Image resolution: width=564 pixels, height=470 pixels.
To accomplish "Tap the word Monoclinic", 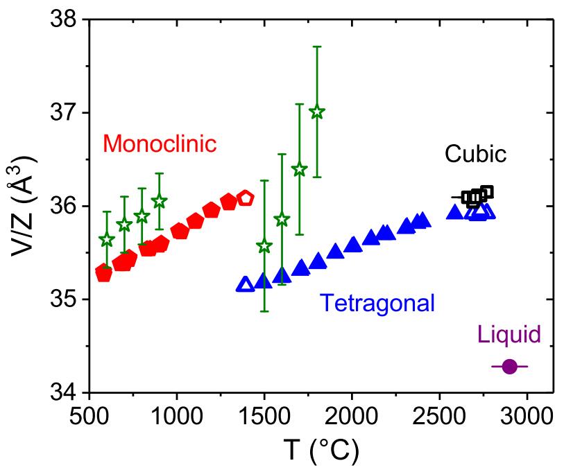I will [160, 144].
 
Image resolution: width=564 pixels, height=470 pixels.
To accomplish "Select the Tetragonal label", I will [377, 304].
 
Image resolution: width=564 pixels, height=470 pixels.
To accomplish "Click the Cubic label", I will [476, 153].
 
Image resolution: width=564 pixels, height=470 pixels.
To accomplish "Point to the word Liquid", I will [509, 335].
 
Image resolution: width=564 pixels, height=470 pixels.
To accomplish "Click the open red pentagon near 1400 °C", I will [246, 198].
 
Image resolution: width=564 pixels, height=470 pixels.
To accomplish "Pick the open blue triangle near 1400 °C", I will [245, 284].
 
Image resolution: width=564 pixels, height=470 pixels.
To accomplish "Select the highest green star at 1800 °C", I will [317, 112].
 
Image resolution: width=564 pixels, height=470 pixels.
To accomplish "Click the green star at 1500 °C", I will [264, 246].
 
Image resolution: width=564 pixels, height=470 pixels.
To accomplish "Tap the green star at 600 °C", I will [107, 240].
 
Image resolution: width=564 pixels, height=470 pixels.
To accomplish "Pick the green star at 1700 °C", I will [300, 169].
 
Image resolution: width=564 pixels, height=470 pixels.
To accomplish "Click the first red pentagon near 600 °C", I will [104, 273].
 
